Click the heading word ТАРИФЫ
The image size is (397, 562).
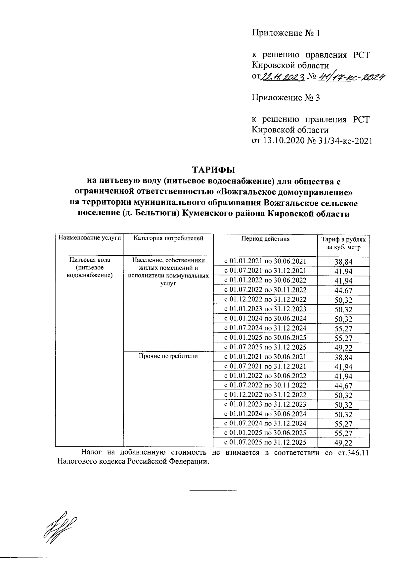coord(213,170)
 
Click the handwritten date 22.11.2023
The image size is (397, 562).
coord(283,77)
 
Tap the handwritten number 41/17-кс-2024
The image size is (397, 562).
coord(351,77)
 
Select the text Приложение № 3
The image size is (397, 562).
coord(286,98)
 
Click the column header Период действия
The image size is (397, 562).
coord(265,239)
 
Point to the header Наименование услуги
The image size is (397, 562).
coord(89,238)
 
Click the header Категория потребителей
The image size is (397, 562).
coord(168,238)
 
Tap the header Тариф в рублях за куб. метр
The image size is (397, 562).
coord(343,243)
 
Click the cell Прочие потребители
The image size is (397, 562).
coord(168,356)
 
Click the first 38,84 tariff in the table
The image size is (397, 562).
coord(343,262)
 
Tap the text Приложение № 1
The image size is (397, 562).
coord(286,33)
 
